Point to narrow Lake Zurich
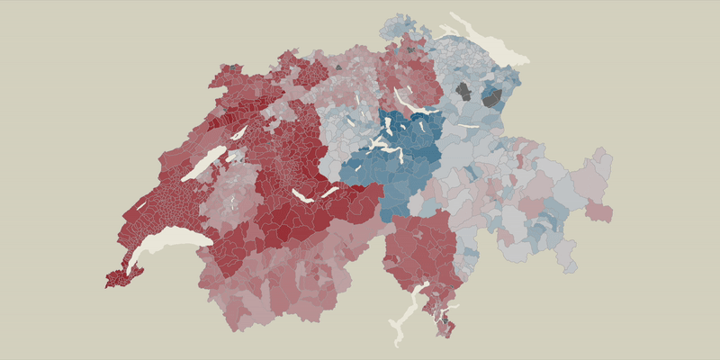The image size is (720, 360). coord(404,100)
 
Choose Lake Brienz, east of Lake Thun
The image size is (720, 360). coord(328,191)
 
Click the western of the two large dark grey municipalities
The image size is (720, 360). coord(463,91)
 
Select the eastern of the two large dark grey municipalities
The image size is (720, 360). coord(492,97)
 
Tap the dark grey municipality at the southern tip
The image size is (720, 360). coord(445,319)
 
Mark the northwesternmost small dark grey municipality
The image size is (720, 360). coord(237,67)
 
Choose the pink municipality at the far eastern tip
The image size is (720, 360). coord(597,212)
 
